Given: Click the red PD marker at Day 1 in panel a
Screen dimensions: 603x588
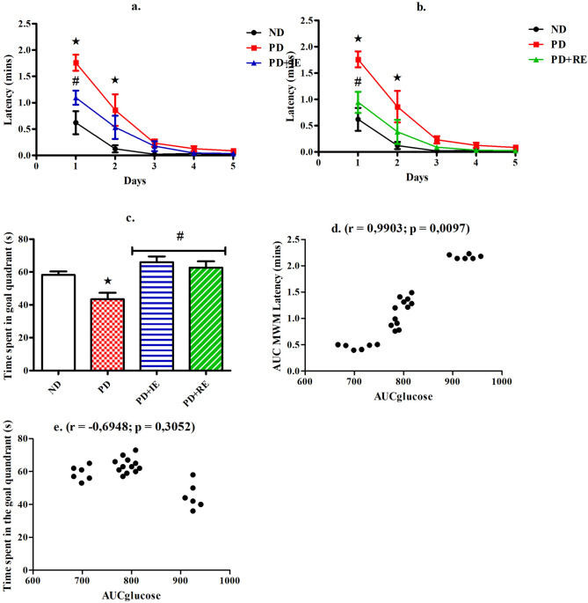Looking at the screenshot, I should coord(76,62).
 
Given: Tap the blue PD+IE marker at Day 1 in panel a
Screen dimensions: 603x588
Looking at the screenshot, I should coord(76,97).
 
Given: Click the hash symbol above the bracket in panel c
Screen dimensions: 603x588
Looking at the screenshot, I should coord(179,238).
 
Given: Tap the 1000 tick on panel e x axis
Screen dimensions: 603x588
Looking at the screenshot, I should coord(230,580).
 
